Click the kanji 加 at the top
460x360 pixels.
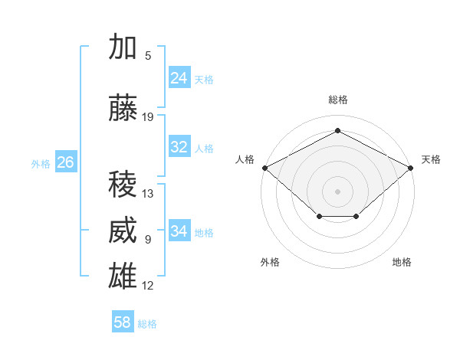[123, 46]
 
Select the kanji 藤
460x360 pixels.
[123, 107]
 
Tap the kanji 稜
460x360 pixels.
[123, 184]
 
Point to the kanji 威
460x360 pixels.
[123, 230]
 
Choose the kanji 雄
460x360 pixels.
[123, 276]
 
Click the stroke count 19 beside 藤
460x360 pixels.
[147, 117]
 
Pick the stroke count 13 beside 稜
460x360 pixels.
[147, 194]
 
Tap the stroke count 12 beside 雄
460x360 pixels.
[147, 286]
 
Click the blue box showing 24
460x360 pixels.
[179, 77]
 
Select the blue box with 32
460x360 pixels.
[179, 146]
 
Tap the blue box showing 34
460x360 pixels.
[179, 230]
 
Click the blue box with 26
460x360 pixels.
[66, 162]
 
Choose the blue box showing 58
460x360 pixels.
[123, 321]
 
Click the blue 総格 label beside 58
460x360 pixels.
[147, 324]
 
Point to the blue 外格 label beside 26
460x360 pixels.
[41, 164]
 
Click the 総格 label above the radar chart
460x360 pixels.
[338, 100]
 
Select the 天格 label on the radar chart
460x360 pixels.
[431, 159]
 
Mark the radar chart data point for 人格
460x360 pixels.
[265, 168]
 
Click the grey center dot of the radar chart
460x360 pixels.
[337, 191]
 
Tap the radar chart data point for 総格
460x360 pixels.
[337, 130]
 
